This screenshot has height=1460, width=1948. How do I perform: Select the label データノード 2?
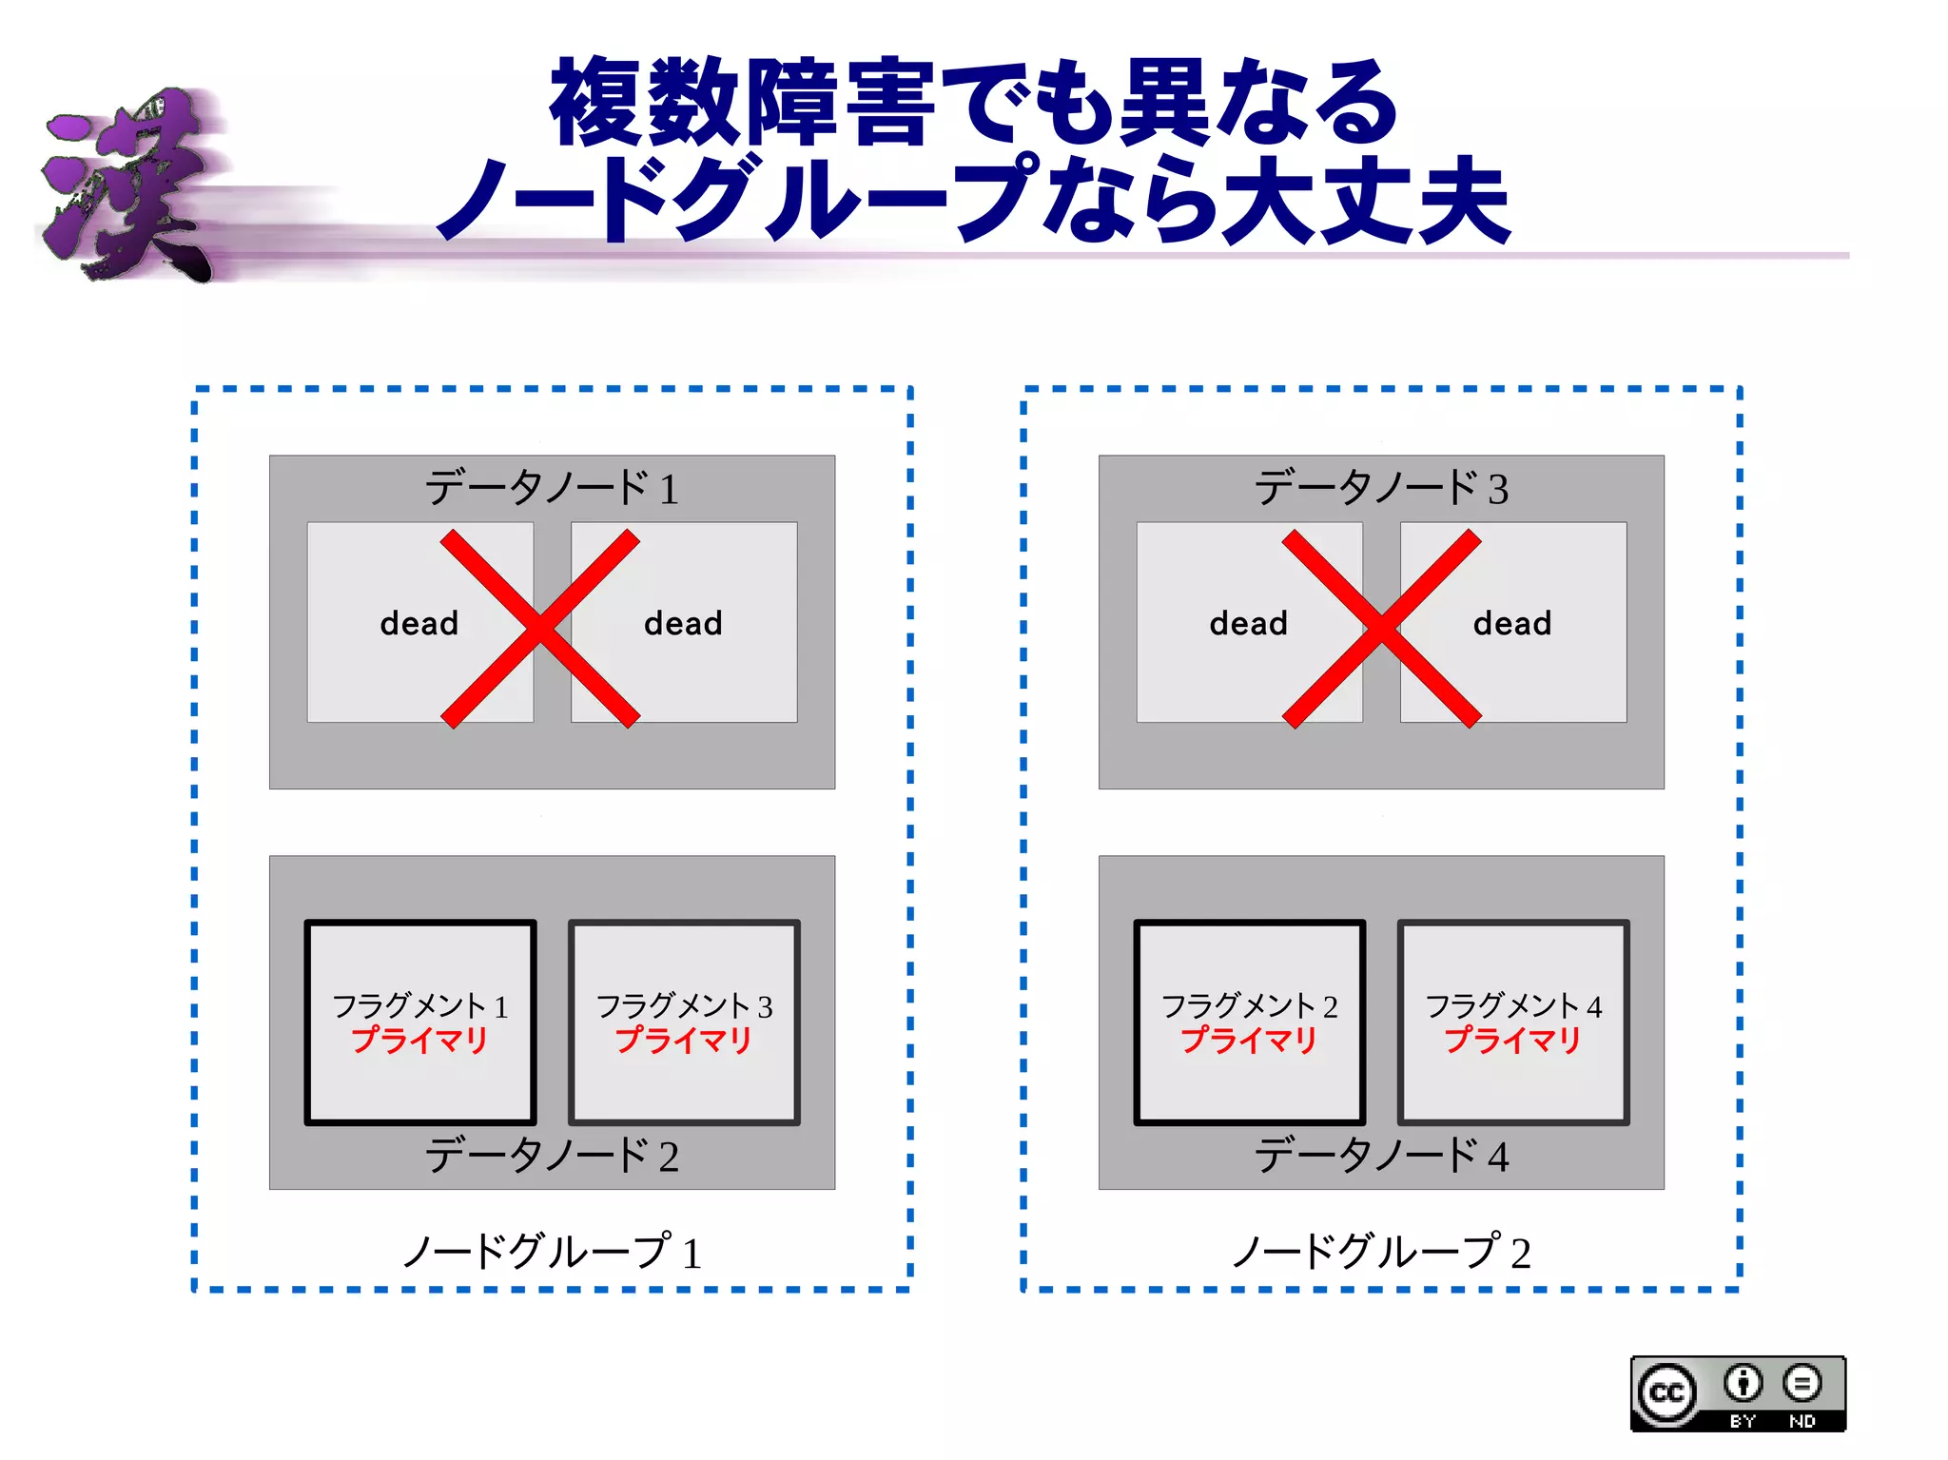(x=552, y=1156)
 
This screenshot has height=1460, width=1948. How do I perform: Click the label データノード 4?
(x=1381, y=1156)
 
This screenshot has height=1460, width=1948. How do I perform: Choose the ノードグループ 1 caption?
(x=552, y=1252)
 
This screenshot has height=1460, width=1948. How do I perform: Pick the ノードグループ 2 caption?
(x=1381, y=1252)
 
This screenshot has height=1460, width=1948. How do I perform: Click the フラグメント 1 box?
(x=420, y=1022)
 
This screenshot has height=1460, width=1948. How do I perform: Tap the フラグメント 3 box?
(x=684, y=1022)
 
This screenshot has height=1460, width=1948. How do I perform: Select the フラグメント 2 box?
(x=1249, y=1022)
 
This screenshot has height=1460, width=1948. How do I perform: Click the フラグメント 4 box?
(x=1513, y=1022)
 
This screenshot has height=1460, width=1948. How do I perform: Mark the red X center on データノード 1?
(x=540, y=629)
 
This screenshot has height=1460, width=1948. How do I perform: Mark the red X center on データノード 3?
(x=1381, y=629)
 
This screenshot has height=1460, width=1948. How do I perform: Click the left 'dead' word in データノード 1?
(x=419, y=624)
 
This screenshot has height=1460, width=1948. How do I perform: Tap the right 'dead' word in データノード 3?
(x=1512, y=624)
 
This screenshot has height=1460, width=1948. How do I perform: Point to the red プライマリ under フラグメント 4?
(x=1512, y=1041)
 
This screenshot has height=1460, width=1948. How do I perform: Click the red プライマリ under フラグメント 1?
(x=420, y=1041)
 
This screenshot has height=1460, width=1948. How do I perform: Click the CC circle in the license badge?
(x=1666, y=1393)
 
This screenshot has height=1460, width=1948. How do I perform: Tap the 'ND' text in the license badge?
(x=1802, y=1421)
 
